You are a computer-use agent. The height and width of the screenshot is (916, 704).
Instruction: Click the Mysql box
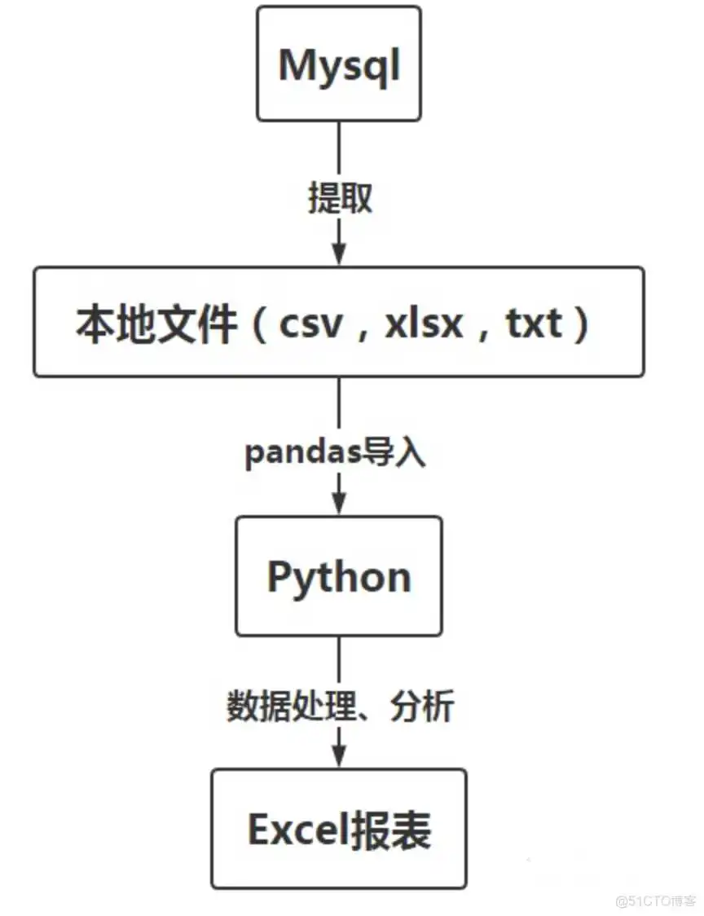[339, 64]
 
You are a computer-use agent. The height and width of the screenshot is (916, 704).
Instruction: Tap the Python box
[339, 576]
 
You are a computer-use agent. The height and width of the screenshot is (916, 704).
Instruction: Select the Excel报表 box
[339, 829]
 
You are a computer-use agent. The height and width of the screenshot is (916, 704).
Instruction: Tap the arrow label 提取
[340, 198]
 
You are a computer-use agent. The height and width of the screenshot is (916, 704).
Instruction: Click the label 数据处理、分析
[340, 707]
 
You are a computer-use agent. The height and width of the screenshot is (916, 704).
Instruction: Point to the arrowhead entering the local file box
[340, 255]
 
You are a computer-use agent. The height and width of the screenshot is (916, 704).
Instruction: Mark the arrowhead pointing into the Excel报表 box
[340, 758]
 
